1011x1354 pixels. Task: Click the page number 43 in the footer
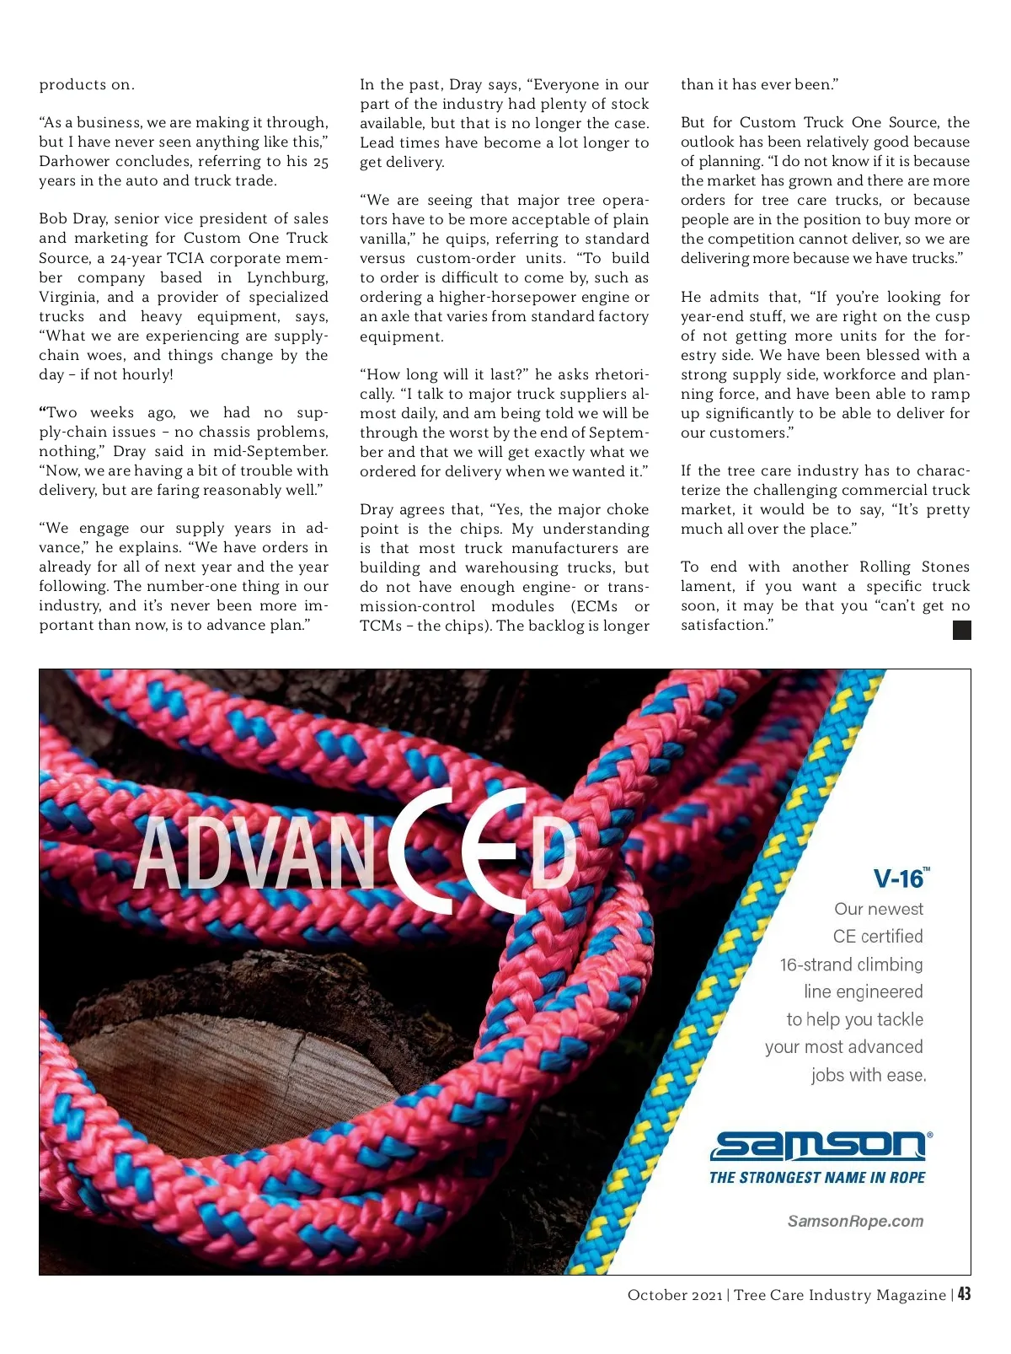tap(964, 1294)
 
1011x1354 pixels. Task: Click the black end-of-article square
tap(961, 630)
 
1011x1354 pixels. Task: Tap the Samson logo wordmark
tap(819, 1146)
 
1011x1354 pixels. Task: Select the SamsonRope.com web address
tap(855, 1221)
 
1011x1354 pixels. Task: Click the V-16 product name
tap(899, 879)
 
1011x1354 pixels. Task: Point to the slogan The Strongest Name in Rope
tap(816, 1178)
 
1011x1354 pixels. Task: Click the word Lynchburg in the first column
tap(287, 277)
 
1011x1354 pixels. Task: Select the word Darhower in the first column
tap(73, 161)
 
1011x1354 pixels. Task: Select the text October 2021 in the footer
tap(674, 1295)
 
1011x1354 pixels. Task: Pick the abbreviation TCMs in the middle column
tap(381, 626)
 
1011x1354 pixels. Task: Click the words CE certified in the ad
tap(878, 936)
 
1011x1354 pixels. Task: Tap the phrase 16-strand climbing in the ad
tap(851, 964)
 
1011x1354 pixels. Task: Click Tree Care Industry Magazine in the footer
tap(840, 1295)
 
